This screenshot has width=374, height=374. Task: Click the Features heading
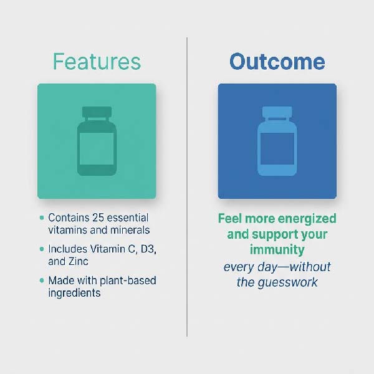[x=97, y=62]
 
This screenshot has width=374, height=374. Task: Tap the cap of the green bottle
[x=97, y=113]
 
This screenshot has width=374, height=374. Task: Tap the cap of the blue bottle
[x=277, y=113]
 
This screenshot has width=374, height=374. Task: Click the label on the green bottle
[x=97, y=148]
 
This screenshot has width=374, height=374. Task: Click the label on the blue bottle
[x=277, y=148]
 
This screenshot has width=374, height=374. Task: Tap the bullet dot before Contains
[x=42, y=218]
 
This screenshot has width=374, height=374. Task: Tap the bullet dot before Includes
[x=42, y=249]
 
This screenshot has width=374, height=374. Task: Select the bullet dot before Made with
[x=42, y=280]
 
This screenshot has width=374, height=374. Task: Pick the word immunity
[x=277, y=250]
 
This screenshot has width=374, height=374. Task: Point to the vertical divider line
[x=187, y=187]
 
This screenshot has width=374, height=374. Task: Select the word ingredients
[x=74, y=293]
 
